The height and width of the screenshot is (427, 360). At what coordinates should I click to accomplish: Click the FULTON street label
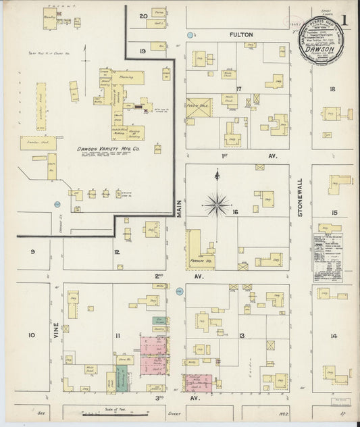(240, 34)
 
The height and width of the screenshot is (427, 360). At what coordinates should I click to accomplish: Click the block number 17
(238, 89)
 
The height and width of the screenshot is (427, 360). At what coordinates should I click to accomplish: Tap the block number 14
(334, 336)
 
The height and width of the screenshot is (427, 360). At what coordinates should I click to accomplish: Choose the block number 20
(143, 16)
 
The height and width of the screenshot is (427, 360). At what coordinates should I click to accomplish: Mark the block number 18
(332, 89)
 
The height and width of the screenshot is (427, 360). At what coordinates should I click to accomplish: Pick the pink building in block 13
(199, 382)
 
